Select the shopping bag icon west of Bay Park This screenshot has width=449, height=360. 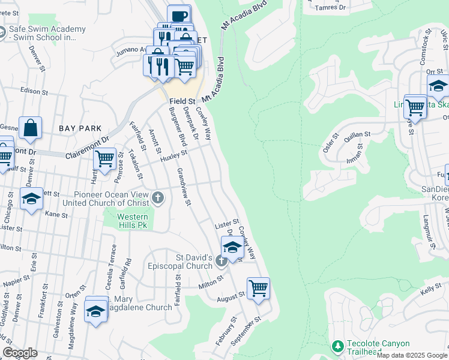30,127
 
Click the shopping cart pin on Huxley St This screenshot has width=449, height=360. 105,159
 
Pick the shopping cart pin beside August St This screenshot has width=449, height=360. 258,288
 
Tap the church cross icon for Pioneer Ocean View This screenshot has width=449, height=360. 158,198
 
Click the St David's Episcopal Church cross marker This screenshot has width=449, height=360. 221,260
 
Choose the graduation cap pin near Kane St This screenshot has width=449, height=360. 31,199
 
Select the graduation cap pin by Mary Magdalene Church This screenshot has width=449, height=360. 96,310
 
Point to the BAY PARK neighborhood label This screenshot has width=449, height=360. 80,128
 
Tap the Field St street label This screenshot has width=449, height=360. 182,101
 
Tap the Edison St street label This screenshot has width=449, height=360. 34,91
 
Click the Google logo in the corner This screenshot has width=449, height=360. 20,353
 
